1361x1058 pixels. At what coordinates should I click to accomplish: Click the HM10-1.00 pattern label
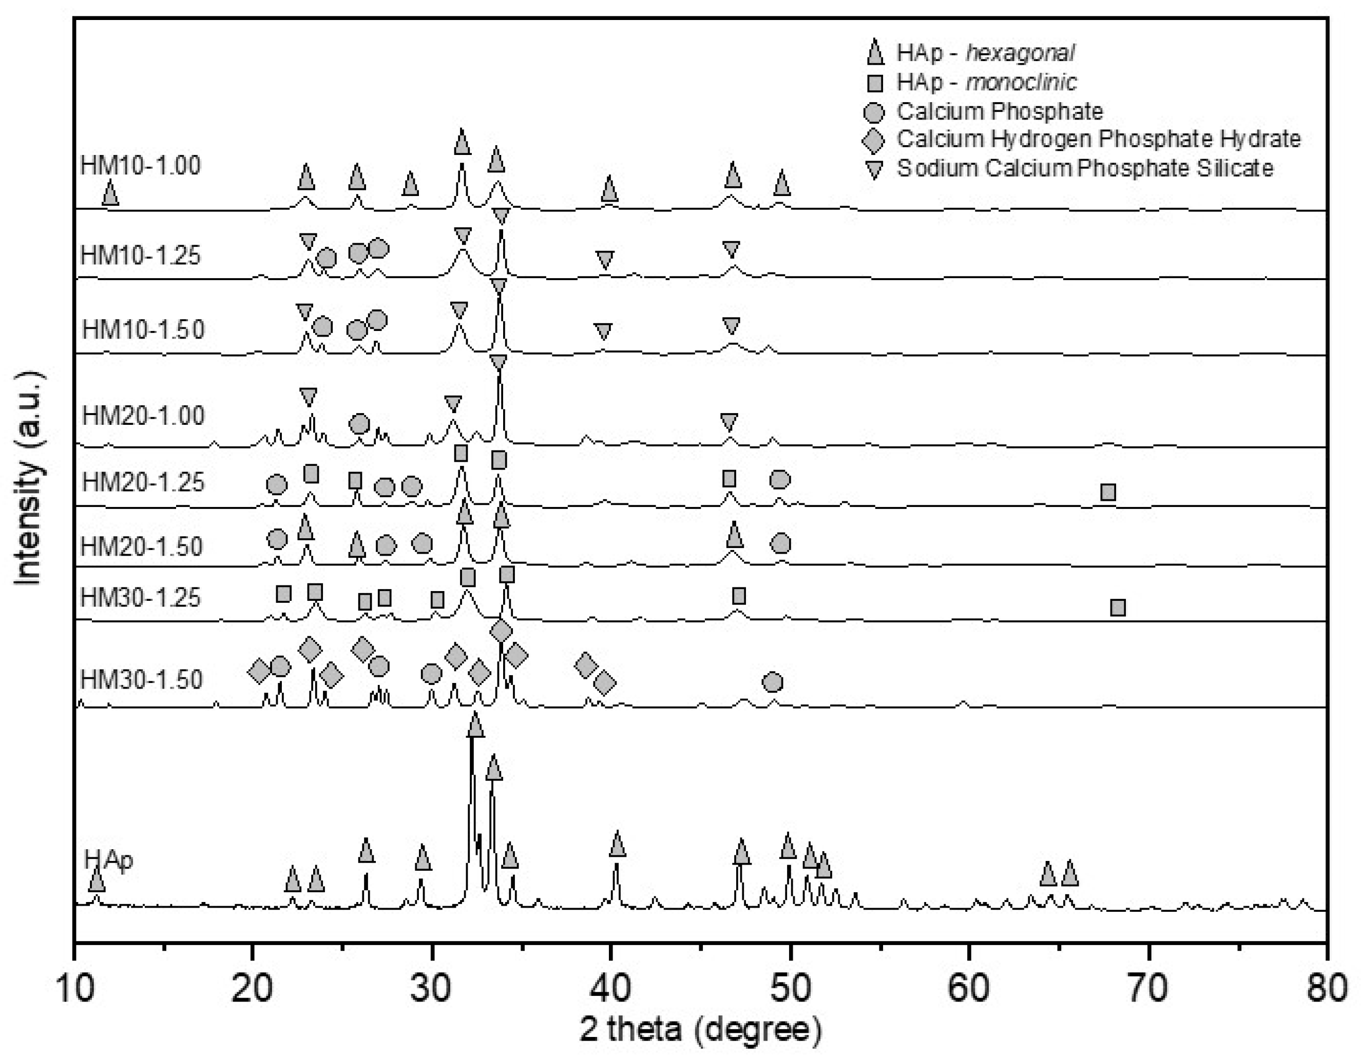coord(141,166)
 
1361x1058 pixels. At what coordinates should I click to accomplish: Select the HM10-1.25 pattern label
coord(141,256)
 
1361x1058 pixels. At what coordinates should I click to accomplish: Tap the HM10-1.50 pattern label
coord(143,329)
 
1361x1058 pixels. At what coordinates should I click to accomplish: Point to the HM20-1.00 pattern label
coord(143,416)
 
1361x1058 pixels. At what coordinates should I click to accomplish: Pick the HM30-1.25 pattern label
coord(141,598)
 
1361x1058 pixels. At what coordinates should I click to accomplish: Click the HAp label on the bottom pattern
coord(108,860)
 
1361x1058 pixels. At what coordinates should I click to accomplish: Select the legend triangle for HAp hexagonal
coord(875,52)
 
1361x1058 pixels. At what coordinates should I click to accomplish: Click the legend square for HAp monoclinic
coord(875,82)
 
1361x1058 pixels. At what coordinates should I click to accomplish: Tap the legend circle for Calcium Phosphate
coord(875,112)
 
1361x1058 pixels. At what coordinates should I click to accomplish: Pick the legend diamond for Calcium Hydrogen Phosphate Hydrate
coord(874,140)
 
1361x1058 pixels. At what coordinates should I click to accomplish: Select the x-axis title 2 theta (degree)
coord(700,1031)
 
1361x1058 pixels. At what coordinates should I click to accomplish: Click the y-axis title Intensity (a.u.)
coord(29,478)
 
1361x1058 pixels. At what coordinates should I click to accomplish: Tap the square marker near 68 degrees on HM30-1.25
coord(1118,607)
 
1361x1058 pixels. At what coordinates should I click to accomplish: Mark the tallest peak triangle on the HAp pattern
coord(475,726)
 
